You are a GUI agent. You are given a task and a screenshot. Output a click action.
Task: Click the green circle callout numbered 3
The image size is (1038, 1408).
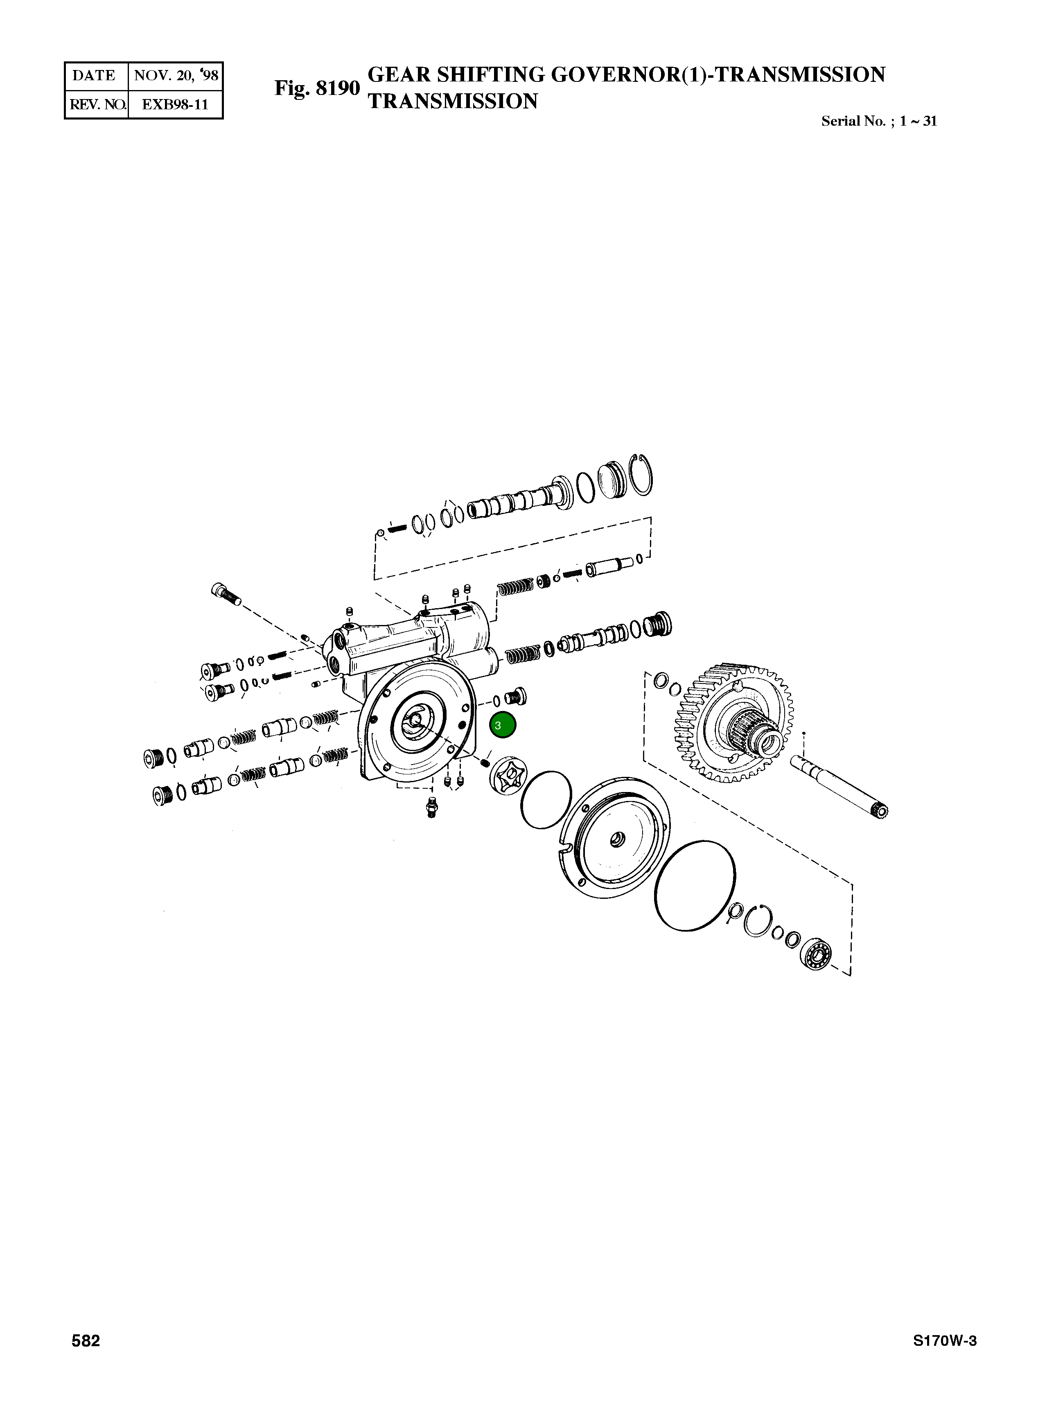(x=502, y=725)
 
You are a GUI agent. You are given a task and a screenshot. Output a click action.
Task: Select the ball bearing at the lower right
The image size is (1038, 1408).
(x=816, y=956)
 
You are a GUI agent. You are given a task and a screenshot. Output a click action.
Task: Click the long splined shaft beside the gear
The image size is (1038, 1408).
(x=839, y=785)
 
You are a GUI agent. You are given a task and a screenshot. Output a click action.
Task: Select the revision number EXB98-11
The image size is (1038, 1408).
(x=175, y=104)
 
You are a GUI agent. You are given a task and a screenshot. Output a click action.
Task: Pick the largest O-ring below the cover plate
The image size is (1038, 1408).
(x=694, y=884)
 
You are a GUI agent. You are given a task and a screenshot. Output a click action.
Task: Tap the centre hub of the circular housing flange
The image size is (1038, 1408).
(x=416, y=721)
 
